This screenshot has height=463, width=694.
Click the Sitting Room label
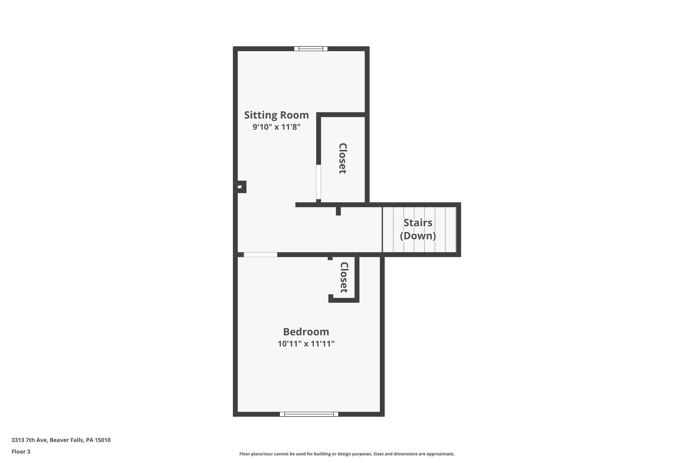(277, 115)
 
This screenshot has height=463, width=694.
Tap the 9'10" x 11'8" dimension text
(277, 127)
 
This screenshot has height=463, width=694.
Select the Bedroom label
(306, 332)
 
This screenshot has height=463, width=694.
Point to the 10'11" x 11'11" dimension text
(306, 344)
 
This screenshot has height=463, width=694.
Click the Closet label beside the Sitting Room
(343, 158)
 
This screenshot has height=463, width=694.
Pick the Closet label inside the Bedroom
(344, 277)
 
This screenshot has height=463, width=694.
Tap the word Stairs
(418, 223)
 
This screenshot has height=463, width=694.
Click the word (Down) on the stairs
(418, 236)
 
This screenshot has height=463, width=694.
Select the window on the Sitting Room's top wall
(311, 49)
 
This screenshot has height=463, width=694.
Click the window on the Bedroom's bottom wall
(309, 414)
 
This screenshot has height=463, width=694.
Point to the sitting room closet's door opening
(319, 182)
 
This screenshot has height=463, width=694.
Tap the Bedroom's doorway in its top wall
(260, 255)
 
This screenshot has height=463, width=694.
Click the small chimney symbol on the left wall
(240, 187)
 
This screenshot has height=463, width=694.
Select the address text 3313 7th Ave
(30, 440)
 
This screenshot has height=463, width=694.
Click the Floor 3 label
(21, 451)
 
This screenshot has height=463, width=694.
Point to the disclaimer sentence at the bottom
(347, 454)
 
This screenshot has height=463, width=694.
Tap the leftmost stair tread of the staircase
(388, 230)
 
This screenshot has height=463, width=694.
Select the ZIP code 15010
(103, 440)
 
